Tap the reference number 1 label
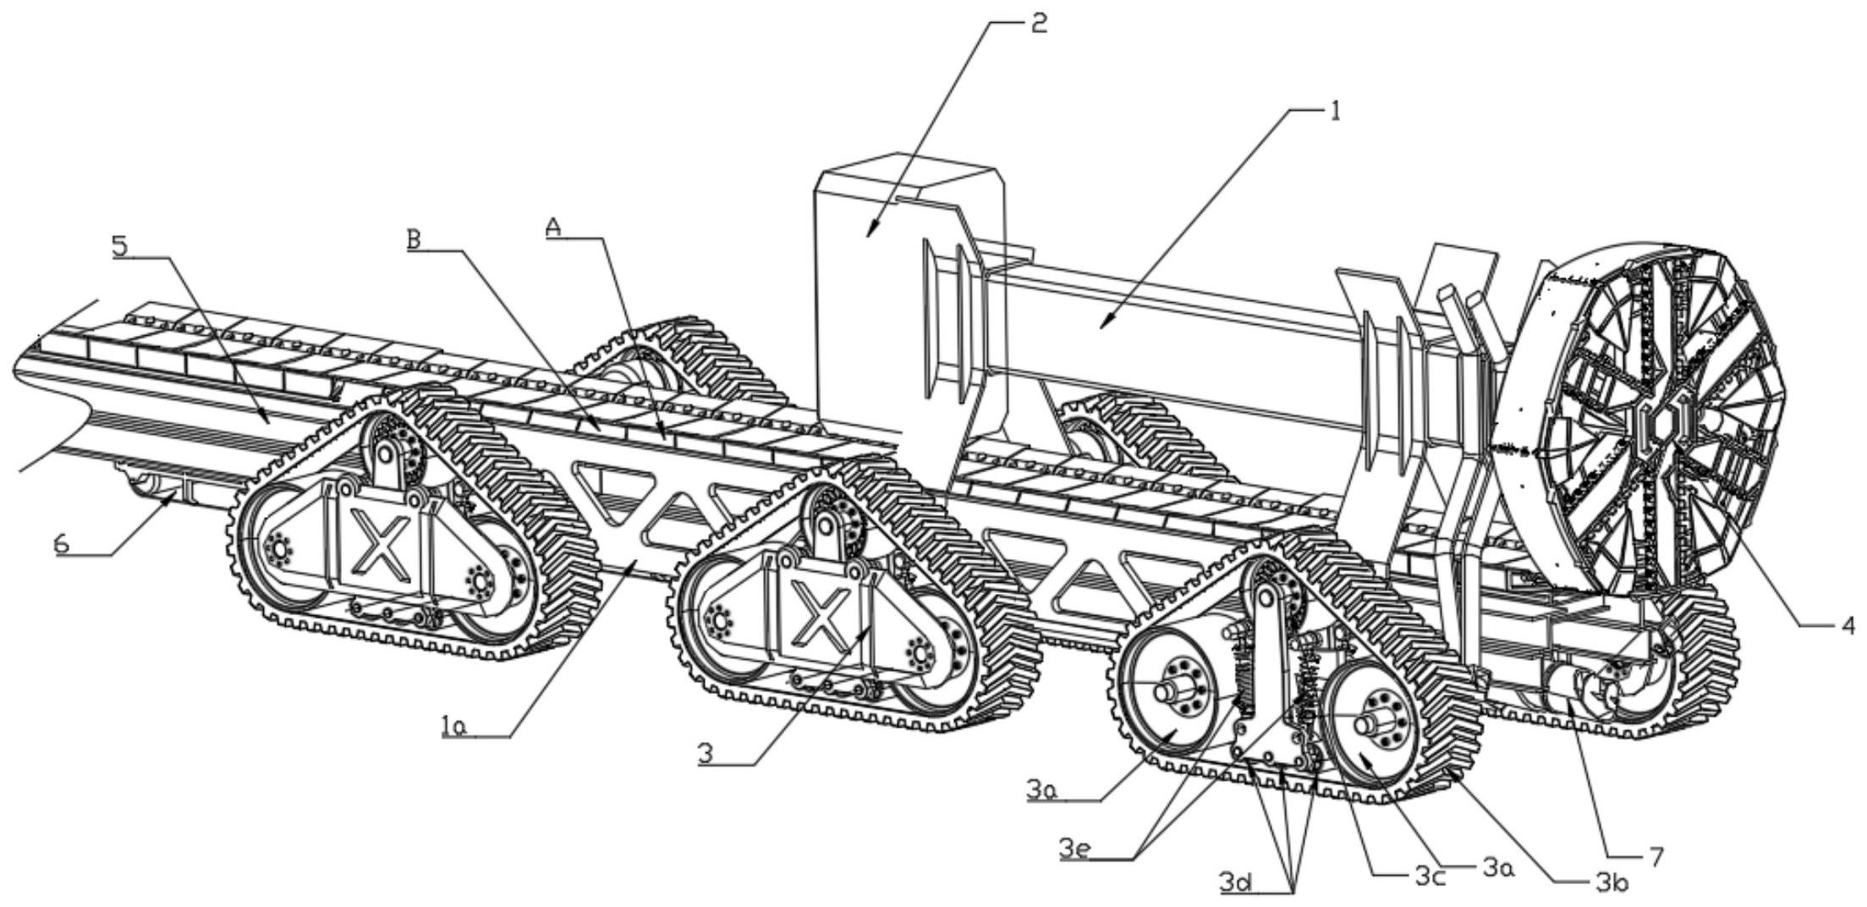[1335, 111]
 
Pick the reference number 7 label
[1656, 856]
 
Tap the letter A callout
[554, 227]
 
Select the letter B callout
[414, 239]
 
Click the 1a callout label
[454, 727]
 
